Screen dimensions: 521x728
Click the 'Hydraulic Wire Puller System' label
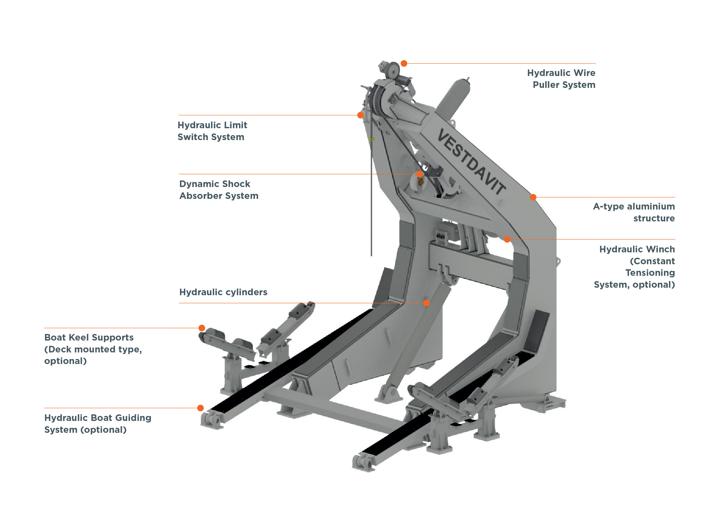point(561,78)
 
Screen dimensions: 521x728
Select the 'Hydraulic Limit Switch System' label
point(212,131)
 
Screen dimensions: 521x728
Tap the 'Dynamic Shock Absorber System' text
point(219,190)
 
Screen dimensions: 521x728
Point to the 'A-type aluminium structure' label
point(634,212)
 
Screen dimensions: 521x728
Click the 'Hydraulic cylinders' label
point(223,292)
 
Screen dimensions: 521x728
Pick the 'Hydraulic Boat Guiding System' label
point(98,423)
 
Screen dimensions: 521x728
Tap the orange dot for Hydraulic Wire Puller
point(404,63)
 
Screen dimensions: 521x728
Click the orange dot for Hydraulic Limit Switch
point(360,115)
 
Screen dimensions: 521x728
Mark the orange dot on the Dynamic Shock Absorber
point(419,174)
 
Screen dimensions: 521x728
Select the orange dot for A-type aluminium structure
point(533,197)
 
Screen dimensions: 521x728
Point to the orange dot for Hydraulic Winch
point(507,239)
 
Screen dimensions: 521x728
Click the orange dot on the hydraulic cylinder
point(426,303)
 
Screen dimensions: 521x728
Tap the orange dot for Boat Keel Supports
point(202,328)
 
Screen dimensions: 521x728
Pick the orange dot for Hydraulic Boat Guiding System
point(200,408)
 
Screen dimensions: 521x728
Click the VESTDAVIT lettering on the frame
point(471,162)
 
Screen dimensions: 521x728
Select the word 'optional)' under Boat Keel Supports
point(65,361)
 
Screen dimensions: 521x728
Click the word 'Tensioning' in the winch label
point(650,273)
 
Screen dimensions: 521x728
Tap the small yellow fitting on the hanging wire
point(371,139)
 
